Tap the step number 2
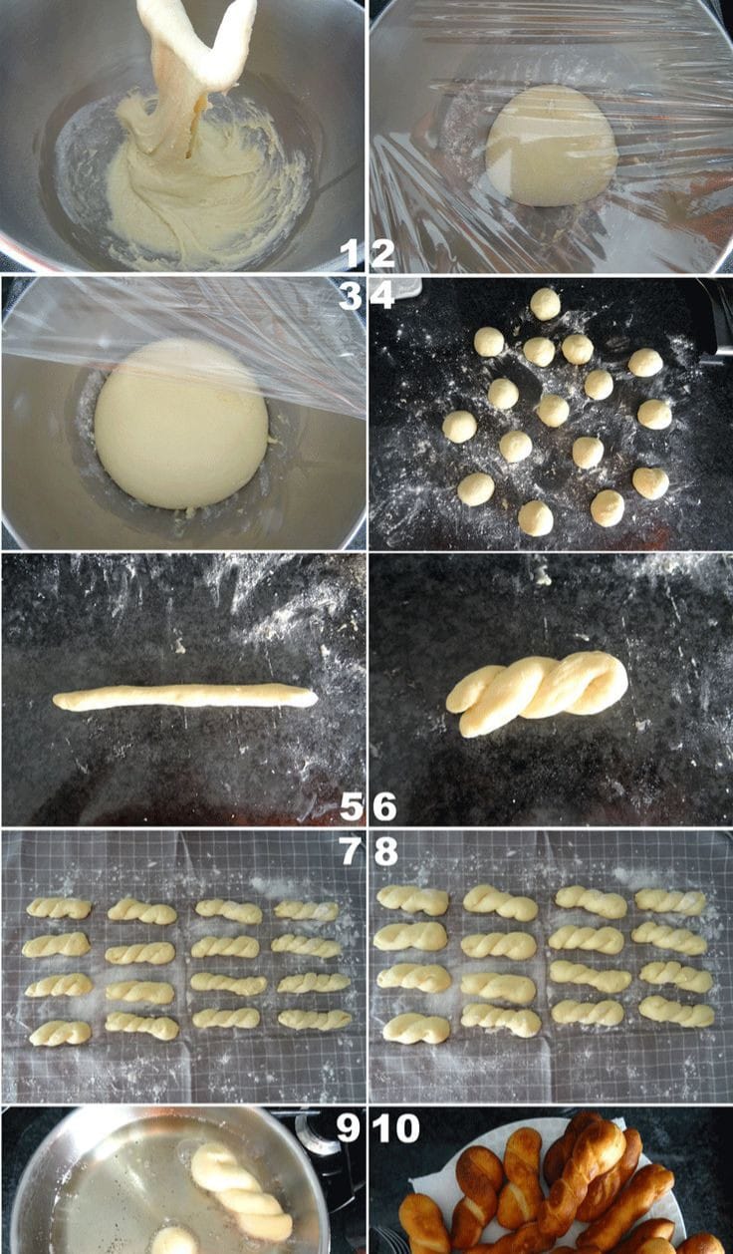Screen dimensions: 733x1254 click(x=382, y=252)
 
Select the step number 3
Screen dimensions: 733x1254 click(x=350, y=296)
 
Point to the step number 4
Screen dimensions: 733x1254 click(x=382, y=296)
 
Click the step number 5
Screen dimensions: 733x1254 click(x=352, y=806)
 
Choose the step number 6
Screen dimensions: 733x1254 click(x=384, y=806)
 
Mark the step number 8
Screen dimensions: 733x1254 click(x=385, y=851)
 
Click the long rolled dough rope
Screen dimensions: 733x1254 click(x=185, y=697)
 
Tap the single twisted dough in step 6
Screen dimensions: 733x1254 click(x=537, y=693)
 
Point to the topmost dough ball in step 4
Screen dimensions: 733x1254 click(x=545, y=304)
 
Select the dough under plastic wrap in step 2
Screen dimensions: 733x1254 click(x=552, y=147)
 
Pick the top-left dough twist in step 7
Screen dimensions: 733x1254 click(x=59, y=908)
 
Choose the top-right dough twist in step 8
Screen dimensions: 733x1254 click(x=671, y=902)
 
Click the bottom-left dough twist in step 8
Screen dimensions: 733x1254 click(x=416, y=1029)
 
